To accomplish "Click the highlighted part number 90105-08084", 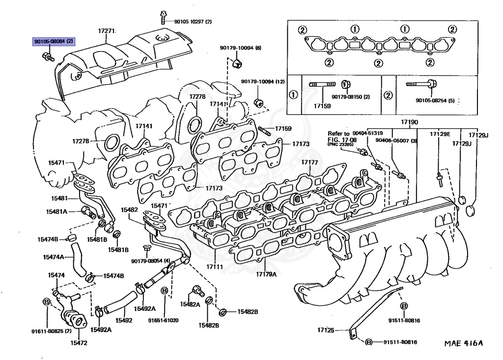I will pos(54,42).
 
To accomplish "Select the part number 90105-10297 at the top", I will pos(193,22).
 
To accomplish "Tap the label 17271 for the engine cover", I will pos(106,31).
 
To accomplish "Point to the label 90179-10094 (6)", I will pos(240,48).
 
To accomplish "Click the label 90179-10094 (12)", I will pos(263,82).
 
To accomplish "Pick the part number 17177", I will pos(309,162).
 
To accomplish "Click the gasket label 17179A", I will pos(266,274).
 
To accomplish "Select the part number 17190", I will pos(395,122).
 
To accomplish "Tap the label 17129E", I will pos(440,134).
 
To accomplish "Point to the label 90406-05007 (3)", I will pos(396,140).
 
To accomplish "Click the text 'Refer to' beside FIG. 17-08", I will pos(338,134).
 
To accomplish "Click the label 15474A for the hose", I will pos(53,257).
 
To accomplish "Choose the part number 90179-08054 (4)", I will pos(150,260).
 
